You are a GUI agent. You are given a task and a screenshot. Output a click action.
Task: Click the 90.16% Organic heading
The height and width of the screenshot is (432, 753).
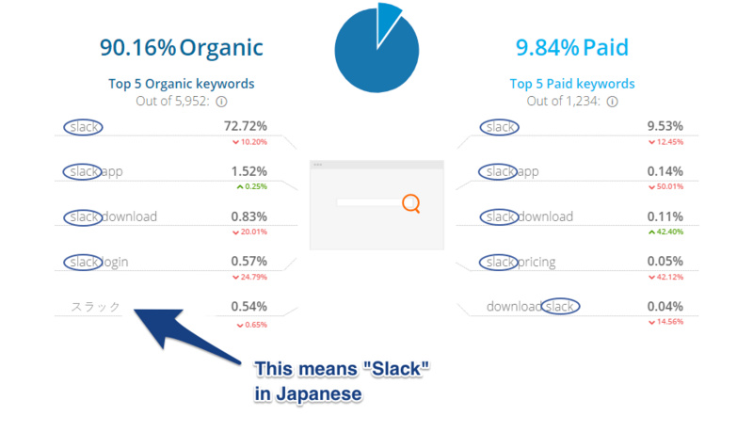click(181, 47)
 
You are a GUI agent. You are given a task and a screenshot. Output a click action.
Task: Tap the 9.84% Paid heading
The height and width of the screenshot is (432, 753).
click(571, 47)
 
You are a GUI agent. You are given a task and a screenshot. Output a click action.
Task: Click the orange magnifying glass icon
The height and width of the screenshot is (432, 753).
click(410, 202)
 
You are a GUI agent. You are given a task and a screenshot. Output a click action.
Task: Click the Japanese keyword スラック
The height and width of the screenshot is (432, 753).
click(97, 307)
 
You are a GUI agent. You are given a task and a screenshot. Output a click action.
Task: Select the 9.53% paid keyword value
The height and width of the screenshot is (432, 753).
click(665, 126)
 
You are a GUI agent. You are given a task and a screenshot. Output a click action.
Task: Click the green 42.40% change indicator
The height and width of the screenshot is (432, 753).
click(665, 232)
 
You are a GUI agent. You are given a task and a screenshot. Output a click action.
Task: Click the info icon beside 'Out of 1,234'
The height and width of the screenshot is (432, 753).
click(613, 102)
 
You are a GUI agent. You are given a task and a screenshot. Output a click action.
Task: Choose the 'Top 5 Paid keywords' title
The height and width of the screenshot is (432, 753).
click(572, 84)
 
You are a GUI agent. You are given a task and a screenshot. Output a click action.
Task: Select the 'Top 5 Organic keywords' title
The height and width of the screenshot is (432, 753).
click(181, 84)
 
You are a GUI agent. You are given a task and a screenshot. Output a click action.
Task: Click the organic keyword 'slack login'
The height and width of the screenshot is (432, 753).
click(98, 262)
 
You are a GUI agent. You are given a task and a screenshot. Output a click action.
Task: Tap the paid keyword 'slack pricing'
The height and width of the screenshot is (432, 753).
click(519, 262)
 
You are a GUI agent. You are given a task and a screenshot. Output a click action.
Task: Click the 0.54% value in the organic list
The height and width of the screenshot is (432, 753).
click(248, 307)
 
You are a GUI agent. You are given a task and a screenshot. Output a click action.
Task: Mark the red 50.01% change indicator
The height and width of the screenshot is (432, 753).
click(665, 186)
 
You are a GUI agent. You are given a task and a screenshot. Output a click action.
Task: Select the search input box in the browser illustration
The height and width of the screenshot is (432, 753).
click(367, 202)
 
